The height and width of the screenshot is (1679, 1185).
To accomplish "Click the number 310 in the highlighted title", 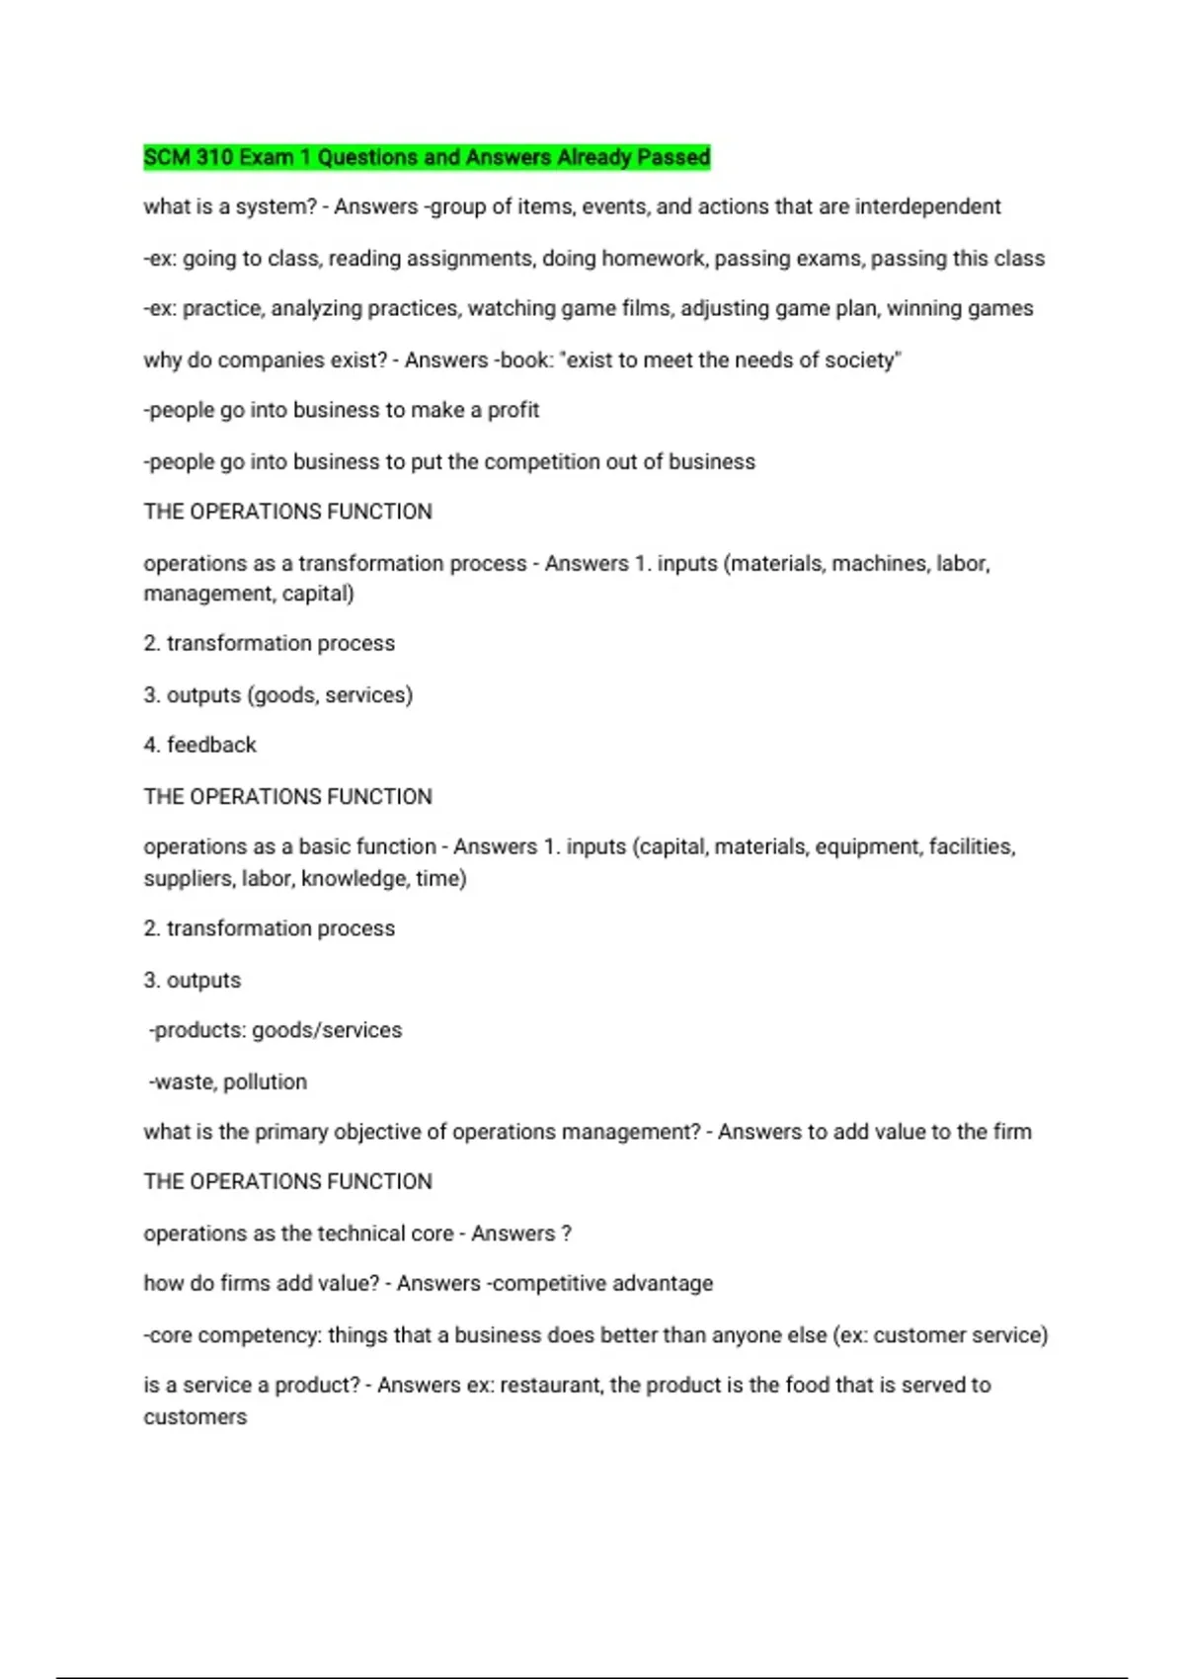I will pos(214,157).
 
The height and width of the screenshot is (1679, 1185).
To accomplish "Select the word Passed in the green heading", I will pos(673,157).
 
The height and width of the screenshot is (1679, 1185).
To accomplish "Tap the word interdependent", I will pos(927,206).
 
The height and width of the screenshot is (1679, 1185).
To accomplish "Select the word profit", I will pos(513,410).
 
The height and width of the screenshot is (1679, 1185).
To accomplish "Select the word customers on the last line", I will pos(196,1417).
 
